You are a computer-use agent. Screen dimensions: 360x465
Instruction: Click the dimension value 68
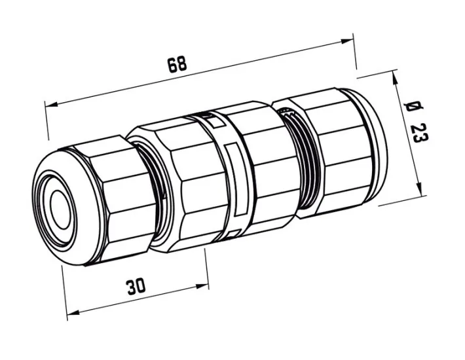[177, 63]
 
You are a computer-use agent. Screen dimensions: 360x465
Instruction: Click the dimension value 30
[136, 286]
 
